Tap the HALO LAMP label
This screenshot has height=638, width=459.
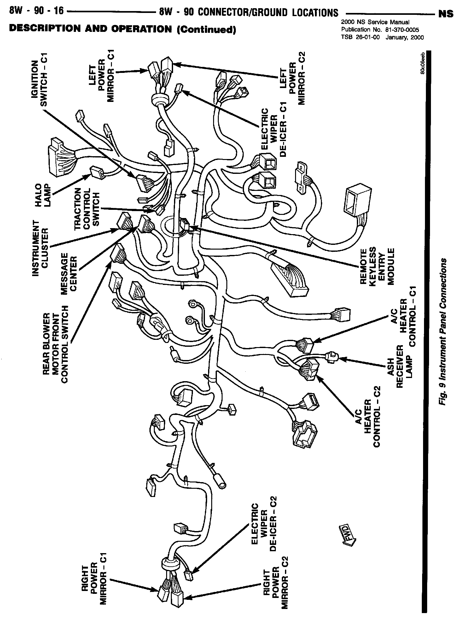43,195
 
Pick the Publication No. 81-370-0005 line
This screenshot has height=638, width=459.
380,30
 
